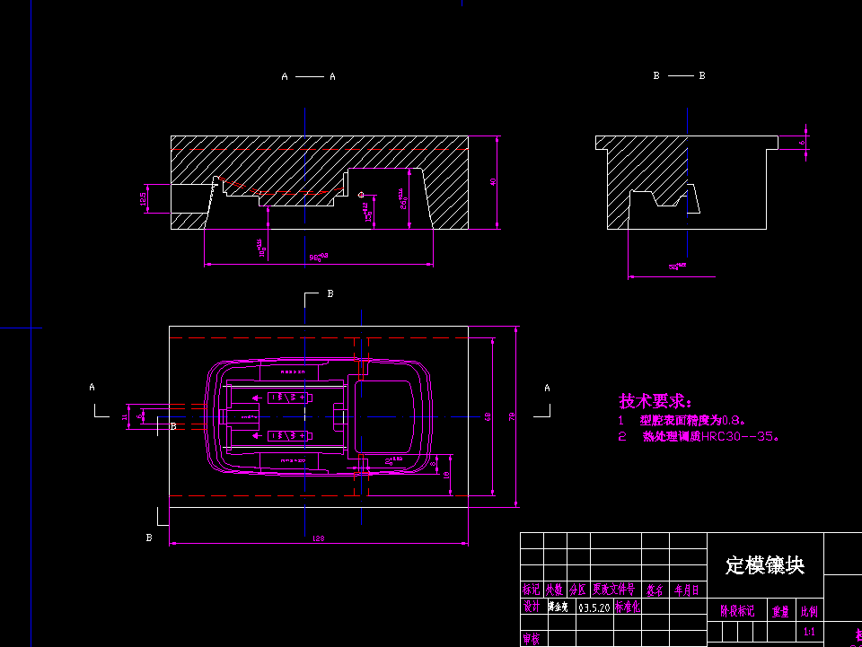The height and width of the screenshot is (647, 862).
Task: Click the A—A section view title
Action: (x=308, y=77)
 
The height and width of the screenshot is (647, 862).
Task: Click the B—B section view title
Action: (x=679, y=76)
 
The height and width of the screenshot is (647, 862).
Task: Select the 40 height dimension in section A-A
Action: (x=492, y=182)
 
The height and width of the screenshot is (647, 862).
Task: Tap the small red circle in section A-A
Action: (x=361, y=194)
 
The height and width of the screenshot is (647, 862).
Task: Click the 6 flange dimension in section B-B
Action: (x=803, y=142)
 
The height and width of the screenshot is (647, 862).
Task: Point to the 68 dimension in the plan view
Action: (x=488, y=416)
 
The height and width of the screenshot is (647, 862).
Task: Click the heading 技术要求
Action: (x=655, y=401)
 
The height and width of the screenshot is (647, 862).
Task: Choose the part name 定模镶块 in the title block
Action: (x=764, y=564)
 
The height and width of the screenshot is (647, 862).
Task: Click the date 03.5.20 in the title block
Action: (x=594, y=608)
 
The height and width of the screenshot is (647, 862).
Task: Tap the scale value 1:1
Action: (x=809, y=632)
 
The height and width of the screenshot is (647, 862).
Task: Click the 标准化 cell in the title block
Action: (x=628, y=608)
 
